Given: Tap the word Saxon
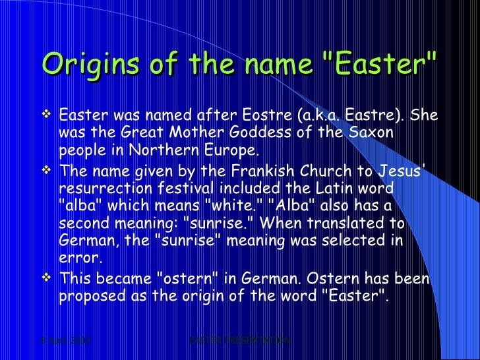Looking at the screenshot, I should (372, 133).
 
